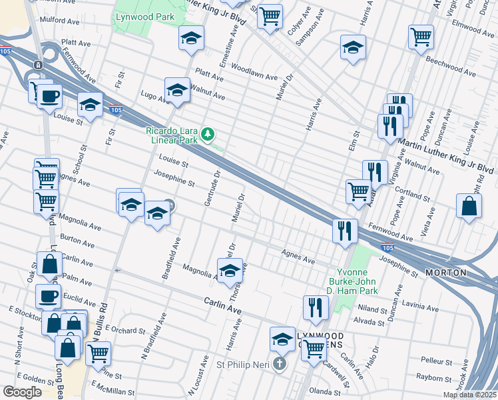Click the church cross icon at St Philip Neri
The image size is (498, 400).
point(280,365)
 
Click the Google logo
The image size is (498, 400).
point(22,392)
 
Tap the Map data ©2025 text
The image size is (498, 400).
point(469,395)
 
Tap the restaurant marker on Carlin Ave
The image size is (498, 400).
point(316,307)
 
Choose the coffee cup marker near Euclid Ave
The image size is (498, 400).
point(48,296)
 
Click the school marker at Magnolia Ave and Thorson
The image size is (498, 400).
point(230,270)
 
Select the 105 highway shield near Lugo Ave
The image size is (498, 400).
point(116,110)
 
